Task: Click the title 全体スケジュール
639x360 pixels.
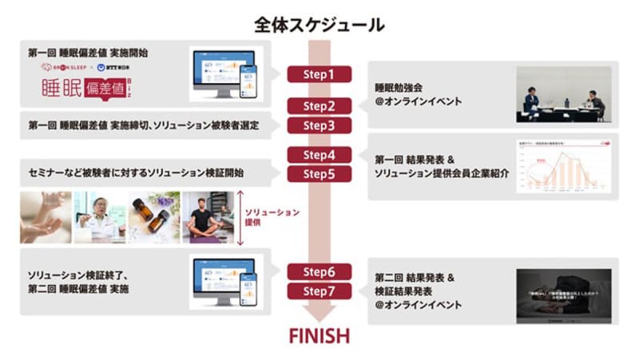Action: coord(319,25)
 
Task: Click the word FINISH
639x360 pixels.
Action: coord(319,334)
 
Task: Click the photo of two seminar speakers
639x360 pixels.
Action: coord(563,93)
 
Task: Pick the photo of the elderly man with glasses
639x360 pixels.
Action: coord(100,216)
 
